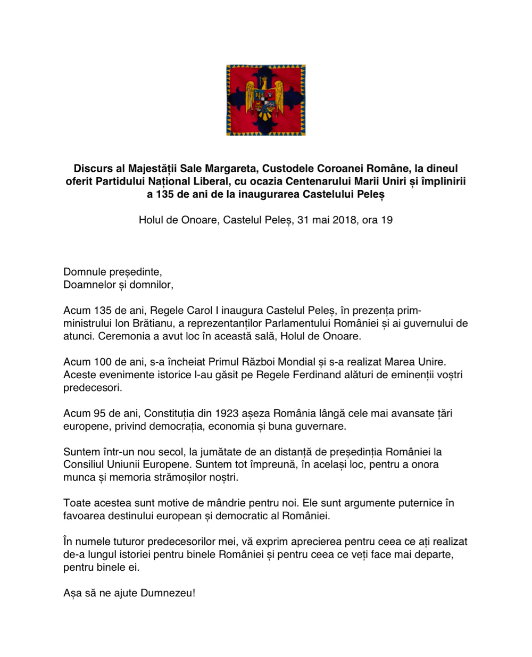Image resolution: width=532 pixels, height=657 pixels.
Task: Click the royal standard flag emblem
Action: coord(266,100)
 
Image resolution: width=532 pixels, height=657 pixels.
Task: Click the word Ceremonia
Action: coord(123,336)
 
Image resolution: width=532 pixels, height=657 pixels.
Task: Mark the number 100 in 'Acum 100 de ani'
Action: coord(102,362)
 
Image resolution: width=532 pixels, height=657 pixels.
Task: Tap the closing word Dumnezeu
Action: coord(167,593)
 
